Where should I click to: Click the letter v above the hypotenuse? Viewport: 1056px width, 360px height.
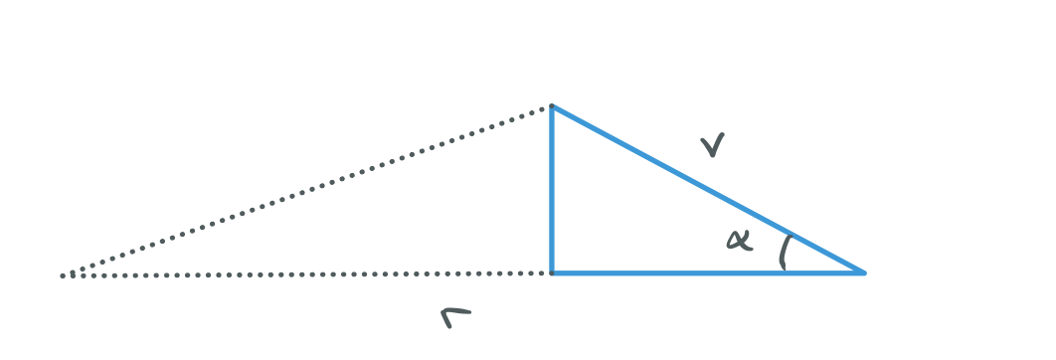coord(711,148)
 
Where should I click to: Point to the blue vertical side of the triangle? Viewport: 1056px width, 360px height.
coord(552,189)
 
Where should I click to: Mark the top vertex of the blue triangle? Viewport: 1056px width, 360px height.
coord(552,105)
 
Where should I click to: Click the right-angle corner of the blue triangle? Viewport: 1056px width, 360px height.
coord(552,271)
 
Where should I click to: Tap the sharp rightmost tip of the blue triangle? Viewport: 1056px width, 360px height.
coord(863,271)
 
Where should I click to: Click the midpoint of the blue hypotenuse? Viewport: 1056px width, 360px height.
coord(707,189)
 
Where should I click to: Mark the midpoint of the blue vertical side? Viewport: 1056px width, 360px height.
coord(552,189)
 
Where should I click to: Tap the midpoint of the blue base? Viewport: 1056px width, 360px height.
coord(707,271)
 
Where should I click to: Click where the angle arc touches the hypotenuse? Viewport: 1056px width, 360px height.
coord(791,234)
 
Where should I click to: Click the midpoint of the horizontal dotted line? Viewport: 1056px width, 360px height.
coord(307,273)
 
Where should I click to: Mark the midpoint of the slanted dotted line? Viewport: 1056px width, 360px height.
coord(307,191)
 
